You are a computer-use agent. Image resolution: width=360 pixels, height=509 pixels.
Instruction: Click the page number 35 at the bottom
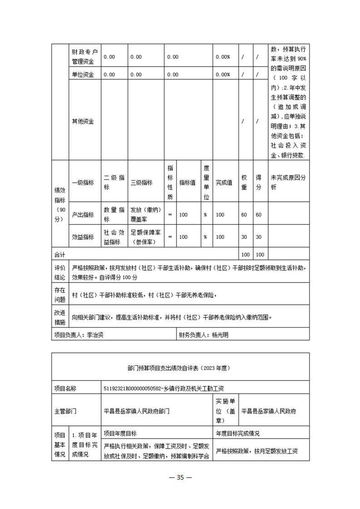[x=180, y=477]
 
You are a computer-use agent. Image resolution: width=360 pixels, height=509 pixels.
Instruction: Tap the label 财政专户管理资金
[x=85, y=57]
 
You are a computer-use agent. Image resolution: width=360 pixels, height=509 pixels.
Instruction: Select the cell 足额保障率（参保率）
[x=145, y=237]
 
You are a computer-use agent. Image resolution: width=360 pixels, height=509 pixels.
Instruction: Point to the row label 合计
[x=59, y=254]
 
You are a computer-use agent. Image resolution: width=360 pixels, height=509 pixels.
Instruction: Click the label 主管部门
[x=65, y=411]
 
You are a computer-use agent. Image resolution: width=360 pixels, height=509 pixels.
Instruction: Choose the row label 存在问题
[x=59, y=295]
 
